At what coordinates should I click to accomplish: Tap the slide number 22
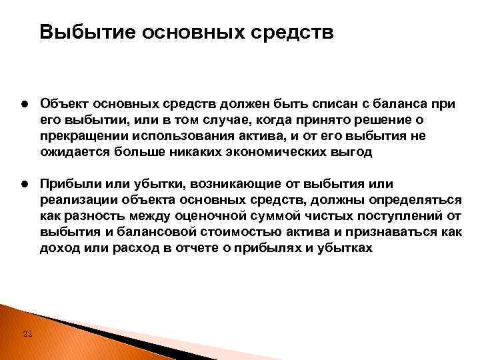27,333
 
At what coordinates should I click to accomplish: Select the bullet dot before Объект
23,105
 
